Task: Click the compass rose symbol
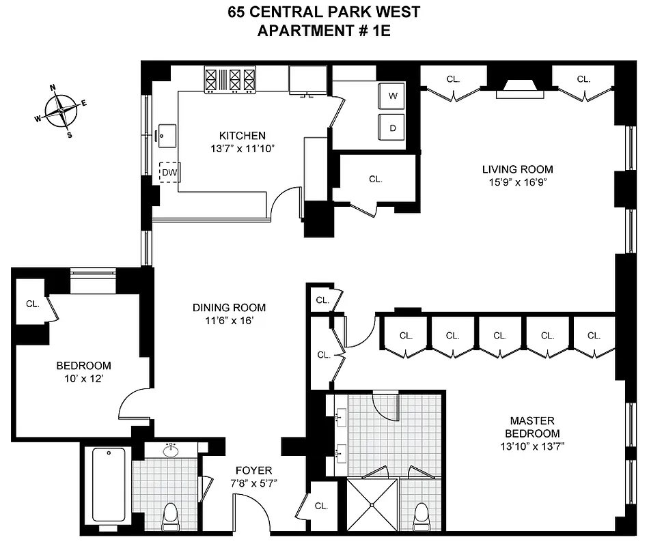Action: (x=62, y=109)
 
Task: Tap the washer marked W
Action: (x=393, y=96)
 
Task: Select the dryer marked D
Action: (x=393, y=128)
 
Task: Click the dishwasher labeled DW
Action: (x=169, y=173)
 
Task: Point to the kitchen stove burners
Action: (x=230, y=79)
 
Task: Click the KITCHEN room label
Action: (x=242, y=135)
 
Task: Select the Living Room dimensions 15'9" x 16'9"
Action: (x=517, y=182)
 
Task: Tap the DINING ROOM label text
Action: (x=229, y=307)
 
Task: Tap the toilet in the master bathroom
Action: (x=422, y=516)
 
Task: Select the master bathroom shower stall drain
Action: (x=372, y=504)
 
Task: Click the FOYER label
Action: (x=253, y=470)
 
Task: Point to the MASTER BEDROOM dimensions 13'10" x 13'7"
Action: (x=531, y=446)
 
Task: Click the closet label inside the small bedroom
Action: (x=32, y=304)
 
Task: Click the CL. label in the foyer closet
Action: (x=321, y=506)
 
